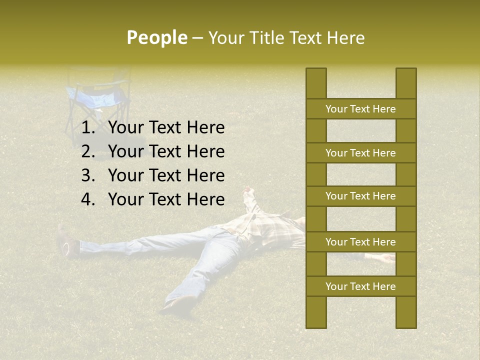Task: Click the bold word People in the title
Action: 156,37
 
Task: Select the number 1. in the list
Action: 88,128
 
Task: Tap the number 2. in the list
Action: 88,151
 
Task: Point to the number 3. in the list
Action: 88,175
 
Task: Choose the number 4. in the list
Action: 88,199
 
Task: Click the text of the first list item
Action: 166,128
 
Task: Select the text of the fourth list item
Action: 166,199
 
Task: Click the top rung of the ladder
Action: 360,109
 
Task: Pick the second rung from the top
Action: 360,153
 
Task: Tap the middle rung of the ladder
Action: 360,196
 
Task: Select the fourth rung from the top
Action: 360,242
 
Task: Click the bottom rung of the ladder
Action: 360,286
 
